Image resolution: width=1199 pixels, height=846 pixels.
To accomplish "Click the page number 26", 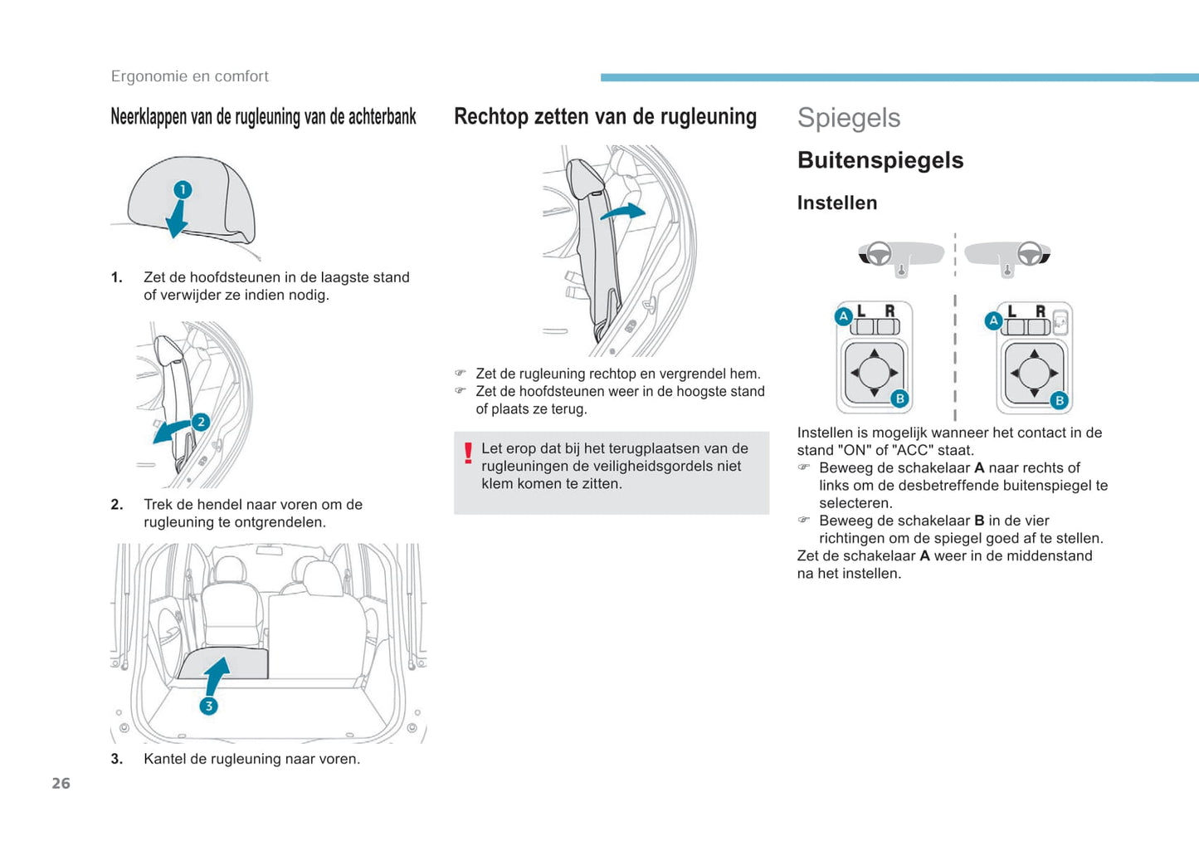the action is tap(61, 784).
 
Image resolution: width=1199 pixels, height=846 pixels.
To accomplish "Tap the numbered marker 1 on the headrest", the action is tap(183, 189).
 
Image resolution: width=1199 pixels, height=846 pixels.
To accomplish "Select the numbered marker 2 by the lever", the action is tap(201, 422).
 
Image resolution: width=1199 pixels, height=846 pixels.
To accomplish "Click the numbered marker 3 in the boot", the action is tap(209, 706).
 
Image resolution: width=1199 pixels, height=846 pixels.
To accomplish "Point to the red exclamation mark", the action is tap(468, 453).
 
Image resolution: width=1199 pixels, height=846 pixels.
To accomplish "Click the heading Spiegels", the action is tap(848, 118).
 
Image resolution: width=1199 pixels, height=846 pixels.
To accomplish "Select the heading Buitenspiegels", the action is tap(880, 160).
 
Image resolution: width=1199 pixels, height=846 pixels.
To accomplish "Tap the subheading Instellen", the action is tap(837, 203).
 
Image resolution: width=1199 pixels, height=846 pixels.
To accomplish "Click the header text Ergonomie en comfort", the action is tap(189, 76).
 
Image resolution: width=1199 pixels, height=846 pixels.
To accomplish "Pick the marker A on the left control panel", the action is tap(844, 316).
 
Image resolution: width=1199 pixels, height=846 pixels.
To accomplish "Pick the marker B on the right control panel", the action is tap(1059, 400).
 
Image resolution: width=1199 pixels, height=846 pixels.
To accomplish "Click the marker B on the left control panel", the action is tap(899, 399).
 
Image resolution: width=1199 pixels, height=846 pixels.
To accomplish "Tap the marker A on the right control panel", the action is tap(993, 320).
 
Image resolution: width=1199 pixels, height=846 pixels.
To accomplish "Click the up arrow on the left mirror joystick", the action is tap(874, 354).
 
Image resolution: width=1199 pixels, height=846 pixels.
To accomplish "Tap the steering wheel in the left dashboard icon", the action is tap(879, 253).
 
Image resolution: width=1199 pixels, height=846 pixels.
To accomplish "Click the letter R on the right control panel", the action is tap(1041, 311).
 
